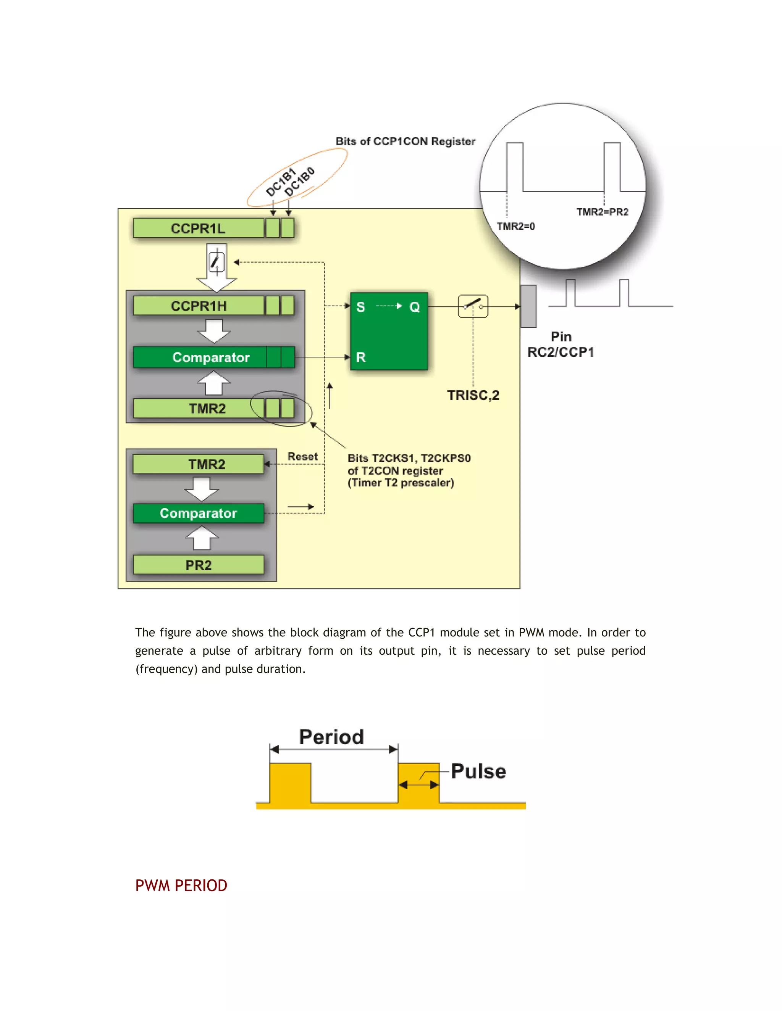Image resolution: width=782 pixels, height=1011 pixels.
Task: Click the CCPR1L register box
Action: pyautogui.click(x=198, y=228)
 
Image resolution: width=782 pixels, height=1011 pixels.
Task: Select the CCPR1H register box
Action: pyautogui.click(x=198, y=306)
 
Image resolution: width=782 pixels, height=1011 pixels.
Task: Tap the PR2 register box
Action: pyautogui.click(x=198, y=565)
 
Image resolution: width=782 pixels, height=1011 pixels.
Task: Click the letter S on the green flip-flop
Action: pyautogui.click(x=360, y=307)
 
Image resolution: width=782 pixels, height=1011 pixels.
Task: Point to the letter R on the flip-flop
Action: pyautogui.click(x=361, y=357)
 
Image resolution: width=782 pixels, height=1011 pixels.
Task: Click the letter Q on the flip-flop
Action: pyautogui.click(x=415, y=307)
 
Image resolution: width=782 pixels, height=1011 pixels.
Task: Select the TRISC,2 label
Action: pyautogui.click(x=473, y=395)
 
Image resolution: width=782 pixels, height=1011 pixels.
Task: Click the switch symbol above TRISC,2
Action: pyautogui.click(x=473, y=306)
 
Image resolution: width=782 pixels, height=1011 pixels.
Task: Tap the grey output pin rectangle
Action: pyautogui.click(x=528, y=306)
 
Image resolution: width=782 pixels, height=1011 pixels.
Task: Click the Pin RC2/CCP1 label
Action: pyautogui.click(x=561, y=345)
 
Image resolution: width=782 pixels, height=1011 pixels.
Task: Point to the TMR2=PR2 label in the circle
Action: pyautogui.click(x=602, y=212)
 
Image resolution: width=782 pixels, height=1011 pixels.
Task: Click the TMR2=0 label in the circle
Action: pyautogui.click(x=515, y=226)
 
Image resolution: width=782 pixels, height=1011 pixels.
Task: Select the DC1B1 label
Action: pyautogui.click(x=280, y=182)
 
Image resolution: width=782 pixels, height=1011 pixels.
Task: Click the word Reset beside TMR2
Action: pyautogui.click(x=302, y=456)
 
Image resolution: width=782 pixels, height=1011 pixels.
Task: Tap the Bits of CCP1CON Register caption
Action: pyautogui.click(x=406, y=141)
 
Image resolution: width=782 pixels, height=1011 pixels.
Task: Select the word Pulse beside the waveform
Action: pyautogui.click(x=478, y=771)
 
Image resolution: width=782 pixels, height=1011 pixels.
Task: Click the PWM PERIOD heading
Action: pyautogui.click(x=181, y=885)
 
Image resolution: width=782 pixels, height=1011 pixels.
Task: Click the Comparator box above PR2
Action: pyautogui.click(x=198, y=514)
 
